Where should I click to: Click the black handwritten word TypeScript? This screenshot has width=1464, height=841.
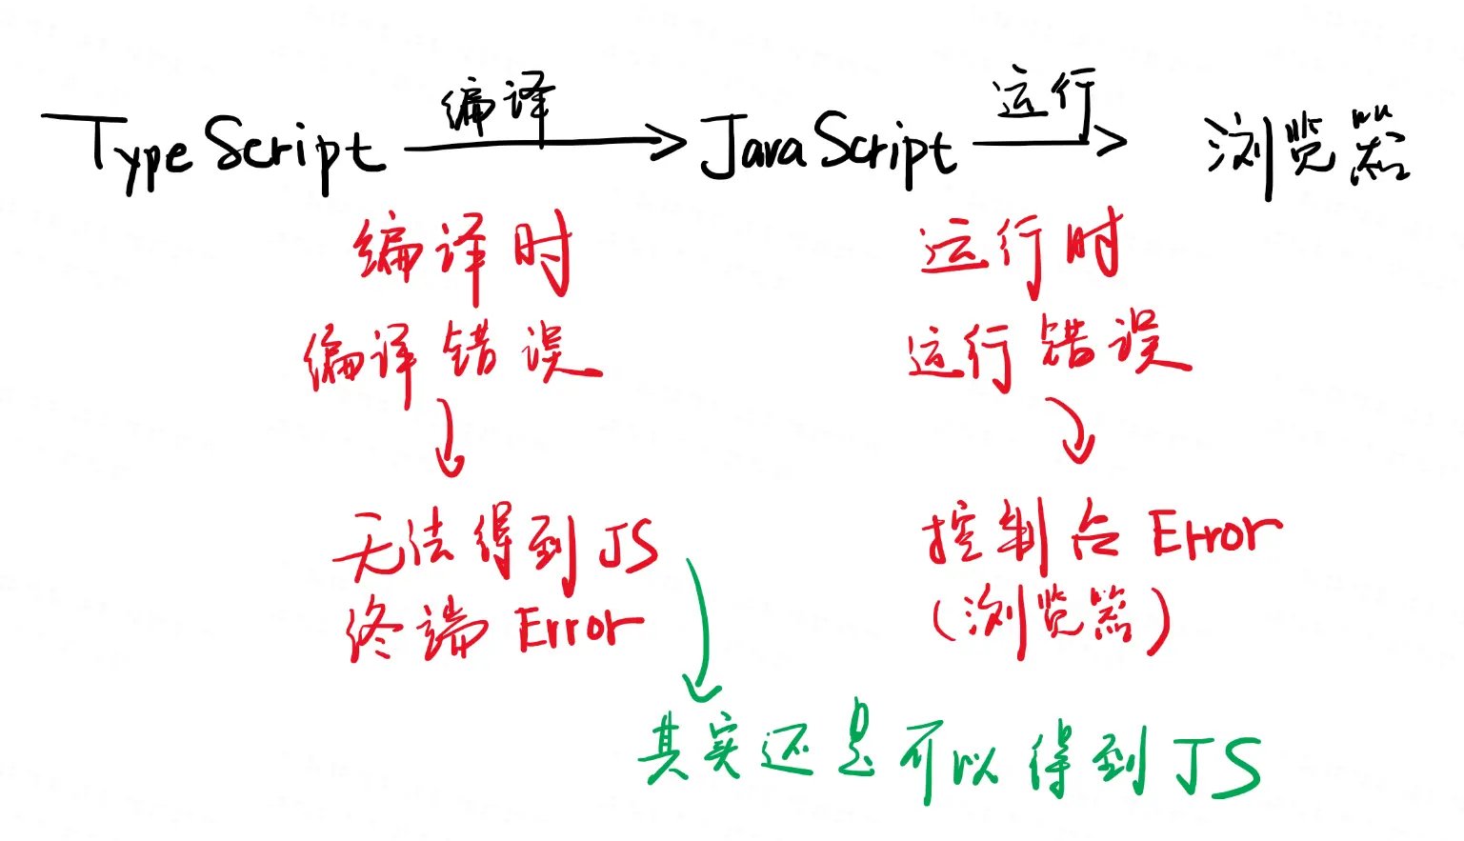(214, 150)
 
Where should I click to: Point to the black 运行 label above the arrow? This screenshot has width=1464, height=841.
(1043, 95)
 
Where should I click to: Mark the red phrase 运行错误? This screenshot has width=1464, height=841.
(1048, 350)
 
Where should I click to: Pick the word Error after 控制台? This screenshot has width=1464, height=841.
(1214, 533)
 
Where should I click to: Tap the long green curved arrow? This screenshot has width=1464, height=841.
(703, 629)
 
